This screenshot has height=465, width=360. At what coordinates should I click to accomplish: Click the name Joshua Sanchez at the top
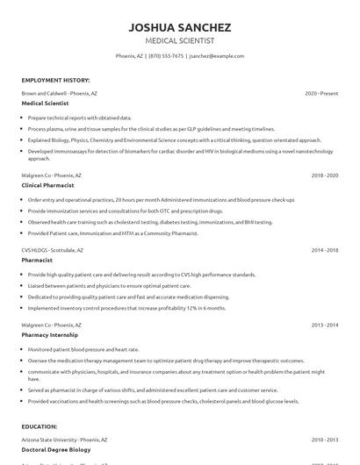click(x=179, y=26)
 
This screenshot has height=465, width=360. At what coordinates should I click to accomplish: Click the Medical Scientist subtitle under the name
click(x=179, y=40)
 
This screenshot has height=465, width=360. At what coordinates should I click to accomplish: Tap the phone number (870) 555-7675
click(x=167, y=55)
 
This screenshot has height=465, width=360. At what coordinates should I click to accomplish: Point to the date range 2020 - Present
click(x=321, y=93)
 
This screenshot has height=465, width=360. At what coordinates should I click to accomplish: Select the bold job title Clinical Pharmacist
click(x=47, y=186)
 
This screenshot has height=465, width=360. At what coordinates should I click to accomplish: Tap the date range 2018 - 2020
click(x=324, y=175)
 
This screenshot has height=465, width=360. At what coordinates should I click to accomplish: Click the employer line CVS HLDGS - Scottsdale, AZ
click(x=55, y=250)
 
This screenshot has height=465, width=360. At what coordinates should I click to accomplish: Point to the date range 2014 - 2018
click(x=324, y=250)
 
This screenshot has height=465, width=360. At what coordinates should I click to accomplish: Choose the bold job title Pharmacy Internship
click(x=50, y=335)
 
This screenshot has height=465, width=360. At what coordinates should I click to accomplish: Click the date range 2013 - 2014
click(x=324, y=325)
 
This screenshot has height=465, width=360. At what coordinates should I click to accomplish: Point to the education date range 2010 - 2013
click(x=324, y=440)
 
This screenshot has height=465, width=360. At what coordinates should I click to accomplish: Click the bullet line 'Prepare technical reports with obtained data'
click(x=80, y=117)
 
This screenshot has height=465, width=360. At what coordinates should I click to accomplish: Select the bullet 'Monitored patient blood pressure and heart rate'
click(x=83, y=349)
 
